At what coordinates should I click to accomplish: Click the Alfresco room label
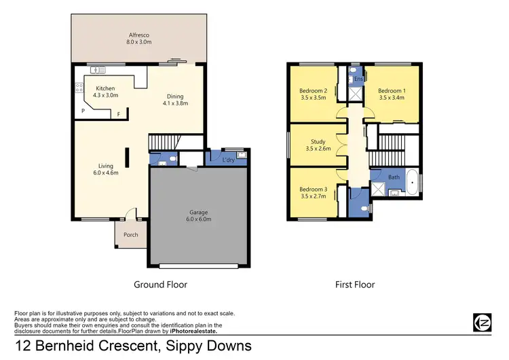point(139,38)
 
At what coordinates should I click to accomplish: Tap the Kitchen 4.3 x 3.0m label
point(105,92)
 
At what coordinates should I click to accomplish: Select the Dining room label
point(175,99)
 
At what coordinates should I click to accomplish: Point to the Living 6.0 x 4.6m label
point(105,169)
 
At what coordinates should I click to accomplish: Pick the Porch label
point(131,235)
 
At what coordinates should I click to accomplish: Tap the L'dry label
point(229,160)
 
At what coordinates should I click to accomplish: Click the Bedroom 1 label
point(391,94)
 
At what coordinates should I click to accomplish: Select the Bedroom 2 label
point(314,94)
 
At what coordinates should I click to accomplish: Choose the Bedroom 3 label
point(314,192)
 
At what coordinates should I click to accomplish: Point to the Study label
point(318,145)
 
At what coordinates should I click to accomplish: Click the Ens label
point(358,79)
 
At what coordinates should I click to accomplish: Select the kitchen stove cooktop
point(79,88)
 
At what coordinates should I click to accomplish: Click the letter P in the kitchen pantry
point(83,111)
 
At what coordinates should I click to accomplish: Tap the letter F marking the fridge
point(119,114)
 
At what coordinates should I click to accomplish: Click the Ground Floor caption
point(160,285)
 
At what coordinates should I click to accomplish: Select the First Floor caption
point(354,285)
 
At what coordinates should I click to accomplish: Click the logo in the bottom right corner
point(482,322)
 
